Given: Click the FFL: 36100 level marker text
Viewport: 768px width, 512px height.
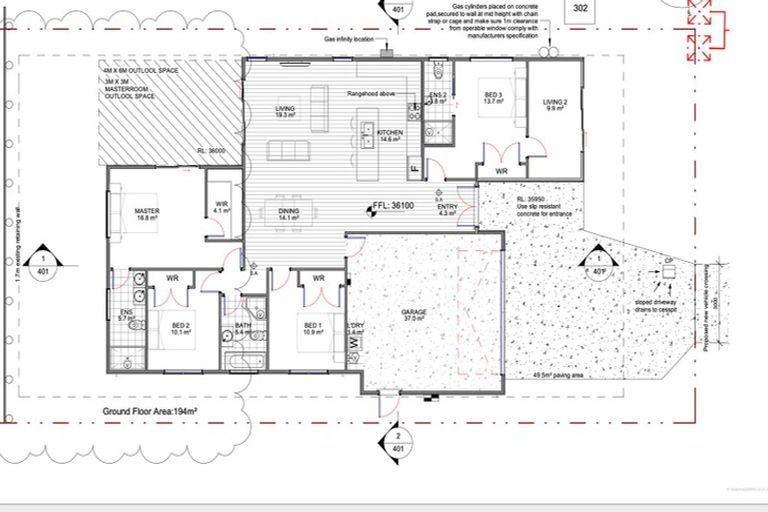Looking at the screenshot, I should [393, 205].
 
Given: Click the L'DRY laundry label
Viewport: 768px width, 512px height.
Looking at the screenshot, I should [355, 328].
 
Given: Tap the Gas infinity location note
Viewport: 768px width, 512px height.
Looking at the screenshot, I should [349, 41].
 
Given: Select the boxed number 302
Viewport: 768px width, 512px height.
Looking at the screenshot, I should [579, 9].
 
